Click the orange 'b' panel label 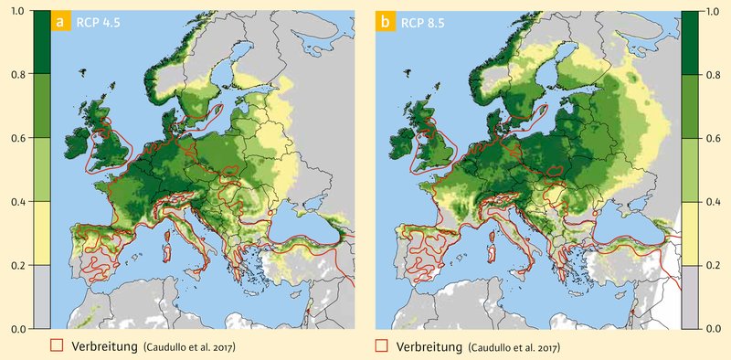point(385,23)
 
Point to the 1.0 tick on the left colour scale point(17,12)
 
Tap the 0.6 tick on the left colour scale point(17,138)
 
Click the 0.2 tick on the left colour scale point(17,264)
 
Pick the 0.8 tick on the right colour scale point(714,75)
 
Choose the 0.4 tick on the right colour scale point(714,201)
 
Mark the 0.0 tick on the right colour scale point(714,327)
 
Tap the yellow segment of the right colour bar point(691,233)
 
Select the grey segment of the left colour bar point(40,296)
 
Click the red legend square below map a point(58,345)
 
